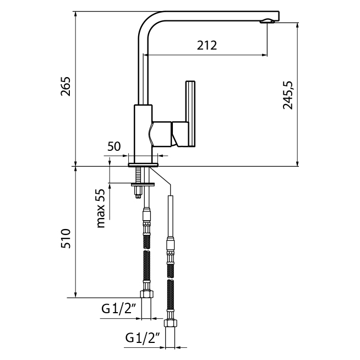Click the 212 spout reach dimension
[x=206, y=45]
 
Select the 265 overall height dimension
[x=66, y=87]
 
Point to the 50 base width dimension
[x=114, y=146]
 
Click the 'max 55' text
[x=100, y=208]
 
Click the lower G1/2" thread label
[x=142, y=337]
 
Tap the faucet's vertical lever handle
[x=190, y=113]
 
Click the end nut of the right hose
[x=171, y=324]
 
